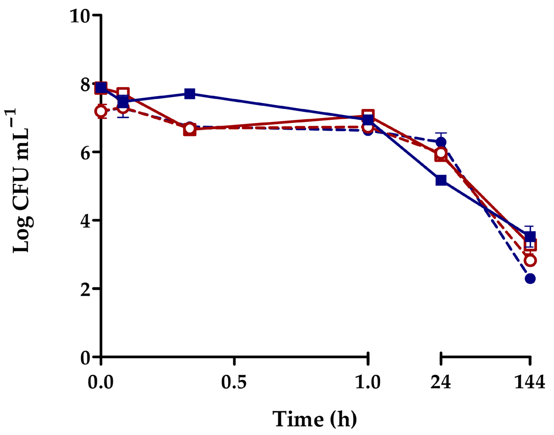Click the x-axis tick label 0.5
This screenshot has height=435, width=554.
234,382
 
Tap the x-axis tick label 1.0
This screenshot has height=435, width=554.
368,382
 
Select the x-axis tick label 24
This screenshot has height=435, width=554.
441,382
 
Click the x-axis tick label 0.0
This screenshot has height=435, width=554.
101,382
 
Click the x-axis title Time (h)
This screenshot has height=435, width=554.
315,419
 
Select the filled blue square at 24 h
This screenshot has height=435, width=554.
441,180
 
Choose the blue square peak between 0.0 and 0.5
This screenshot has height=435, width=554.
190,94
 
